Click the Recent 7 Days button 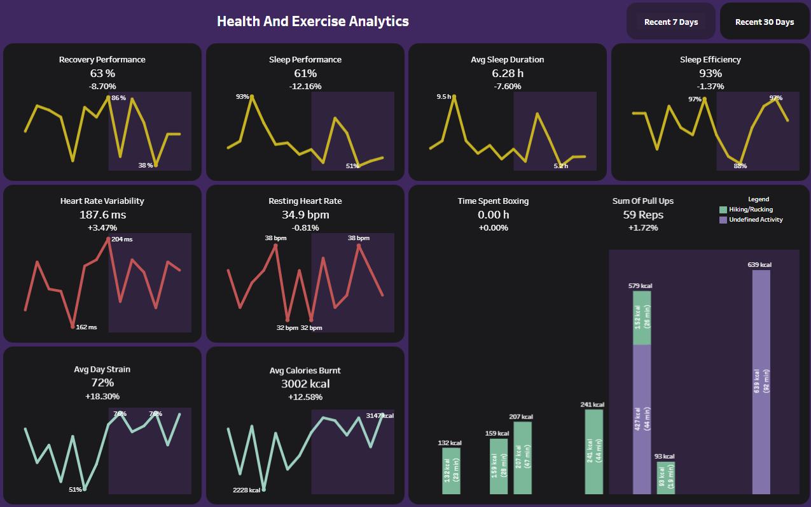coord(671,22)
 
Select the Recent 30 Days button coord(765,22)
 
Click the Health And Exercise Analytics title coord(312,21)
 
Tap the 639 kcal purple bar coord(761,382)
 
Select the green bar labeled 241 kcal coord(593,452)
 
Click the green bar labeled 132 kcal coord(451,471)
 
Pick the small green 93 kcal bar coord(665,478)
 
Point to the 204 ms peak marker coord(109,239)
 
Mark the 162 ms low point coord(73,326)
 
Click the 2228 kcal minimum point coord(264,489)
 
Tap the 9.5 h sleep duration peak coord(454,96)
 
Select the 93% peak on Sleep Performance coord(252,96)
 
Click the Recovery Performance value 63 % coord(102,73)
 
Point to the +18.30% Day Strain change coord(102,396)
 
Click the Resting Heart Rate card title coord(305,201)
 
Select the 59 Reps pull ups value coord(642,215)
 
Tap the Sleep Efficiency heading coord(710,60)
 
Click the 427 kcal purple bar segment coord(642,419)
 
